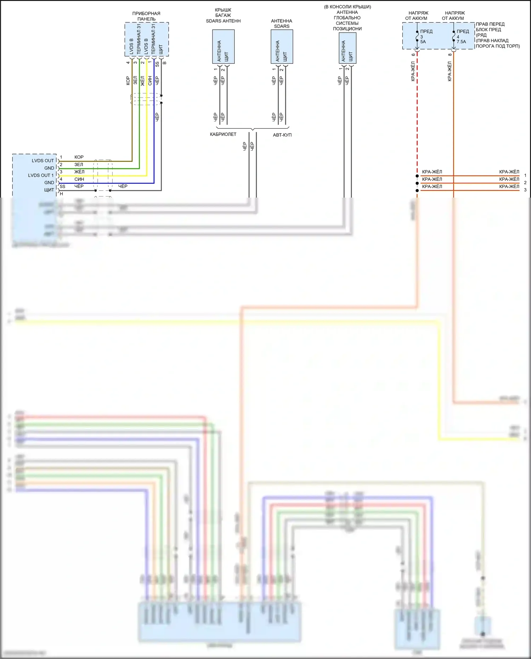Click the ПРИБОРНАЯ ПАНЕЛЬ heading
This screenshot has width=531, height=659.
point(146,16)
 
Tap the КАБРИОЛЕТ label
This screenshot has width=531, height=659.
point(223,135)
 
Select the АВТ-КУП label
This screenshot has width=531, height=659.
point(282,135)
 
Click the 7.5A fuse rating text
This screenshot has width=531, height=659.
point(461,42)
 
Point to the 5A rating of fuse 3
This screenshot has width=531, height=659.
point(423,42)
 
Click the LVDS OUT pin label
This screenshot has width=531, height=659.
point(43,161)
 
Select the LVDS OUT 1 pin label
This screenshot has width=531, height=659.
point(41,175)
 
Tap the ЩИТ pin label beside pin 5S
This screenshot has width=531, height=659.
point(49,190)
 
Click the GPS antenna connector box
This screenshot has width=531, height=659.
point(347,48)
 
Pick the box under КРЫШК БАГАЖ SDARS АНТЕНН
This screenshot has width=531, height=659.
point(223,47)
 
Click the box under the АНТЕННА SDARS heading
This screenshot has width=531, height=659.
point(282,47)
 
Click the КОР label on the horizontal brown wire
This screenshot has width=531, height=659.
point(79,157)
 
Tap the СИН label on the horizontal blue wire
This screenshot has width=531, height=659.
point(79,179)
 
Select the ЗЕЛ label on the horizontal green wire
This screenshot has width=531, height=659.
point(79,165)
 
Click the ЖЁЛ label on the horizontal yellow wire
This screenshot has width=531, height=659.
point(79,172)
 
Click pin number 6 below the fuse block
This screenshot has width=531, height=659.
point(413,55)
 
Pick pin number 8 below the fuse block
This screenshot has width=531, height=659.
point(450,55)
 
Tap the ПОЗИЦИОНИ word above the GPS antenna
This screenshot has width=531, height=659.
point(347,29)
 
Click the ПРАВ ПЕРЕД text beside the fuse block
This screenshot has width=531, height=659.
point(490,24)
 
